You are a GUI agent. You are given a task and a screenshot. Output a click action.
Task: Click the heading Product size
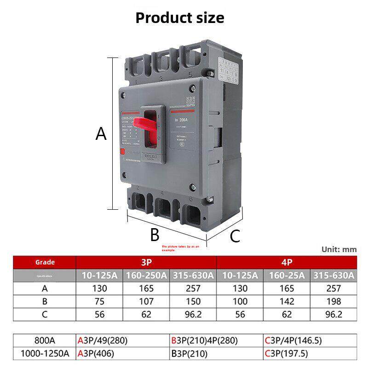[x=180, y=18]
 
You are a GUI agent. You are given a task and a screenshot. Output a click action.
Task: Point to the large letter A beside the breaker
[x=101, y=134]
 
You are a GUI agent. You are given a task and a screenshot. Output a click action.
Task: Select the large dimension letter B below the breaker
[x=155, y=235]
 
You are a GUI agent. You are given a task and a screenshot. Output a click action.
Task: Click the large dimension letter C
[x=235, y=236]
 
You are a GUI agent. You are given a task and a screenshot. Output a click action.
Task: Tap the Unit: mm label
[x=339, y=249]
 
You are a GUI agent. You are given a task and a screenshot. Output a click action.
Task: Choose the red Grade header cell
[x=45, y=262]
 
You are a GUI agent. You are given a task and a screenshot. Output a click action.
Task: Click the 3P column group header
[x=146, y=262]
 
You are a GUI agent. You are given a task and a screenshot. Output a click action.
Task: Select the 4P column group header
[x=286, y=262]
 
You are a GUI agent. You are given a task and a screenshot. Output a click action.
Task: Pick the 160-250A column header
[x=146, y=276]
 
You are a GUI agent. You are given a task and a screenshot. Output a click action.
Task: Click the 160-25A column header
[x=286, y=276]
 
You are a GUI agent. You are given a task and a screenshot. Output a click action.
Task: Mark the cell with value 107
[x=146, y=302]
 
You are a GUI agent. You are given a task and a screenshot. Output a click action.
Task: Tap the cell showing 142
[x=286, y=302]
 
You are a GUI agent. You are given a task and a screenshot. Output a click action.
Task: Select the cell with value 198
[x=333, y=302]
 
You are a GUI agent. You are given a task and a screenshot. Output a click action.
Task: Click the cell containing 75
[x=99, y=302]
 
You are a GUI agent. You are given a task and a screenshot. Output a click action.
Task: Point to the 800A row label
[x=45, y=341]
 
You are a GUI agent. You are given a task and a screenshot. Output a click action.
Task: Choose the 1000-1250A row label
[x=45, y=354]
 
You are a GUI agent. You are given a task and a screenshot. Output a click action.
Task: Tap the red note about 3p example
[x=181, y=248]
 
